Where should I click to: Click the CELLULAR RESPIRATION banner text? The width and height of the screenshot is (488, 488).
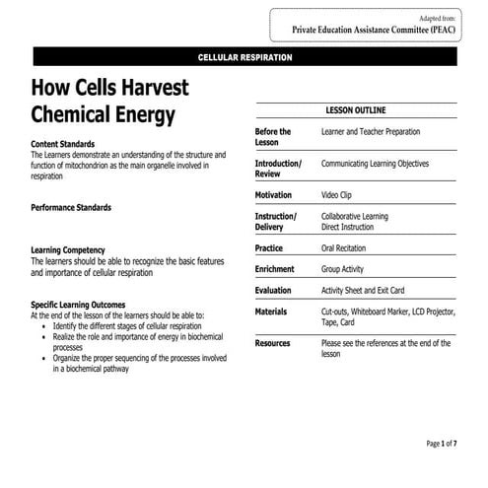coord(244,58)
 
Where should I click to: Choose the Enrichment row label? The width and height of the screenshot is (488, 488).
coord(275,269)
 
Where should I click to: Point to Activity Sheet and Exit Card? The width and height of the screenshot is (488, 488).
coord(377,291)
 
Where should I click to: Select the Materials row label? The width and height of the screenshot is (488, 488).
coord(271,312)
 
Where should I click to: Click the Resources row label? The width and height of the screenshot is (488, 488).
coord(273,343)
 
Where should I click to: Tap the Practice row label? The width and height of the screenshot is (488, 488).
coord(269,248)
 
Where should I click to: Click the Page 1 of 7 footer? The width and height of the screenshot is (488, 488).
coord(441,444)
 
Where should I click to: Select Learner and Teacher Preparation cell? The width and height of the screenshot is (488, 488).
coord(371,131)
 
